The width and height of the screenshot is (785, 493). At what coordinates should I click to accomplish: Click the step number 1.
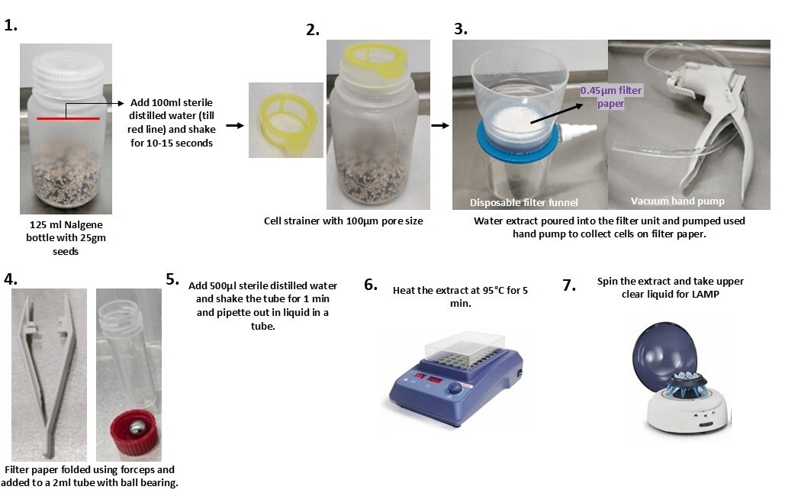click(x=11, y=25)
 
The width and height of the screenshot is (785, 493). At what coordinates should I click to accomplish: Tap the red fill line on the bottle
click(x=68, y=119)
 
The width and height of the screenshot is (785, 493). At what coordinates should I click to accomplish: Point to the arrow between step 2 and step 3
click(x=440, y=125)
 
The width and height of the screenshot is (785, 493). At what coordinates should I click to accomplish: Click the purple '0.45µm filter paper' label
click(x=611, y=97)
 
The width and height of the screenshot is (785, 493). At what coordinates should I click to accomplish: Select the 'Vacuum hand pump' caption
click(x=677, y=201)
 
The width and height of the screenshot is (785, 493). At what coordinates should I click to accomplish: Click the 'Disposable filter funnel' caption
click(x=523, y=202)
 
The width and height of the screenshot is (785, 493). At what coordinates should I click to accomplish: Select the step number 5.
click(x=172, y=279)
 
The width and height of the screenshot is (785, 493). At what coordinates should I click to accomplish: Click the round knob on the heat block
click(x=455, y=388)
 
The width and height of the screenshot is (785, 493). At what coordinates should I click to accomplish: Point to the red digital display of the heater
click(x=427, y=379)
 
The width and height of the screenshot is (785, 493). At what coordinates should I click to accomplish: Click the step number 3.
click(x=461, y=29)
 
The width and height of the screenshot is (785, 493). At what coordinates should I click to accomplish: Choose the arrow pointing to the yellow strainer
click(x=235, y=125)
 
